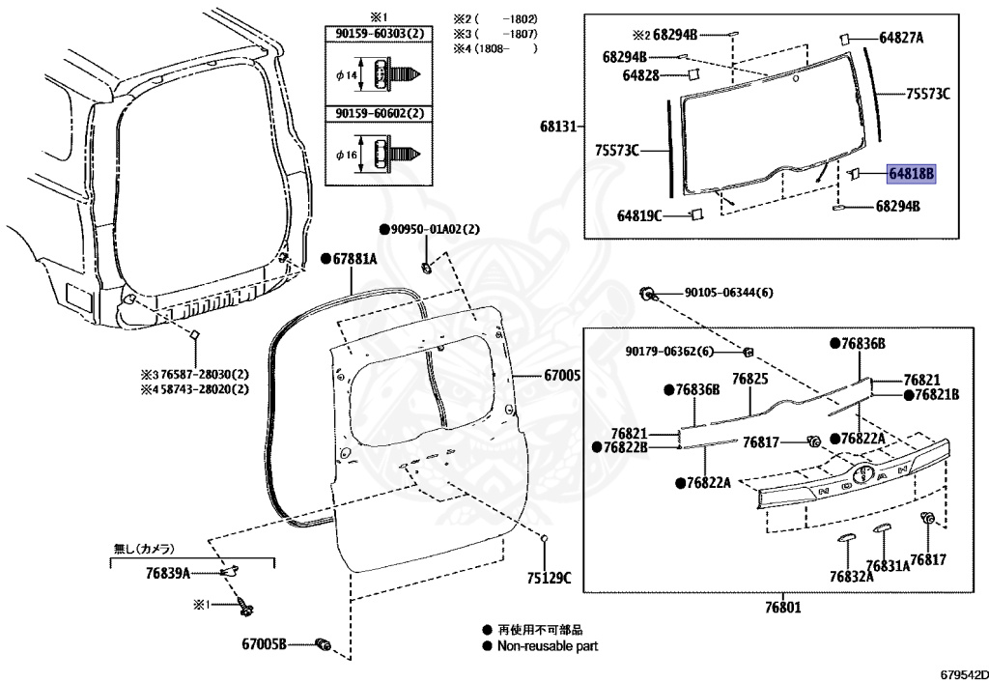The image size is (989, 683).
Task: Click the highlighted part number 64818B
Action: point(912,174)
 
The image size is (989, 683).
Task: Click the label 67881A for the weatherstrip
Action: point(353,259)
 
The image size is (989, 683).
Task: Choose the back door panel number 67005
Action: point(560,374)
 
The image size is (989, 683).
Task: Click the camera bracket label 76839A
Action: point(167,573)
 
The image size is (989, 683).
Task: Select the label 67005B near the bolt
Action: point(265,643)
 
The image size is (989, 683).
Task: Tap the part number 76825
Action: point(749,380)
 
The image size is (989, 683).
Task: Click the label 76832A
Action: point(850,576)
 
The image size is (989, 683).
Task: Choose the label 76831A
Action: point(888,566)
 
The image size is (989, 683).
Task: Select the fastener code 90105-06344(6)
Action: point(729,292)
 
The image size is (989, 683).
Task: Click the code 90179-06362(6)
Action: point(669,351)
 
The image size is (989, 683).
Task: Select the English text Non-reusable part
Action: point(548,645)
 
